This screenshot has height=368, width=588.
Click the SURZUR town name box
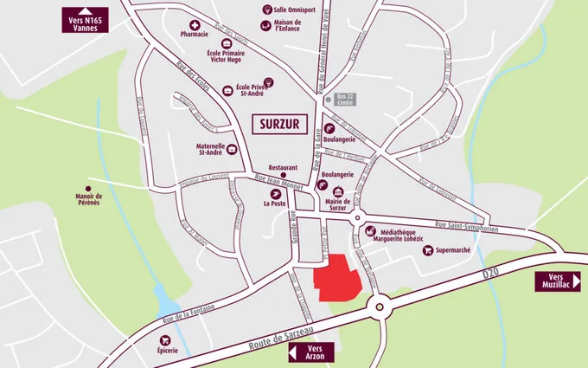(279, 123)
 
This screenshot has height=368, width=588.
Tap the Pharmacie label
(195, 35)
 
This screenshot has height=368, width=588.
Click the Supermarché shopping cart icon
(427, 250)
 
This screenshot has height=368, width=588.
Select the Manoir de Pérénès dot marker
(88, 193)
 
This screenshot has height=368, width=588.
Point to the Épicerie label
(168, 350)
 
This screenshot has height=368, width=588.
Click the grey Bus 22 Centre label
(346, 100)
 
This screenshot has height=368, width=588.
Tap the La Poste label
(274, 204)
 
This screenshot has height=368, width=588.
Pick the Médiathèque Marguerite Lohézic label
(399, 236)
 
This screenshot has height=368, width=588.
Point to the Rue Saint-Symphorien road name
(465, 223)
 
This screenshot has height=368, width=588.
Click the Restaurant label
(283, 167)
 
